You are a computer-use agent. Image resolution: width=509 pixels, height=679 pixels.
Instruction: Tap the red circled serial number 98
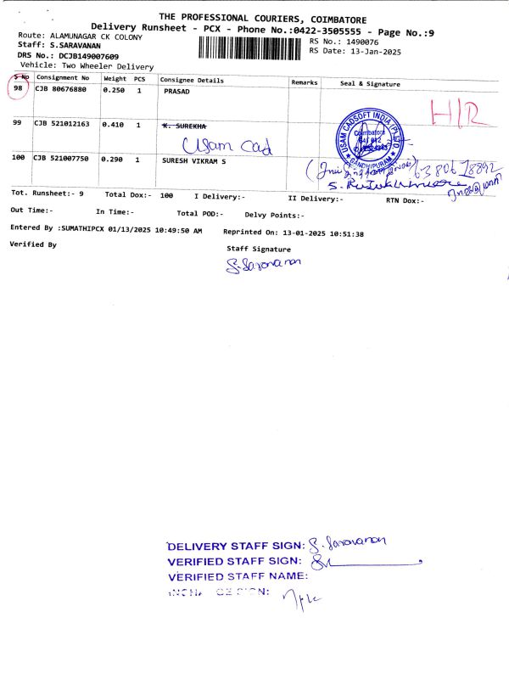(18, 89)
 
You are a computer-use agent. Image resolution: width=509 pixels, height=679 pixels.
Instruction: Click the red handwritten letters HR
(453, 115)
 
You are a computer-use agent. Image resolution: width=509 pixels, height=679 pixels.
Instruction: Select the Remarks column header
(304, 82)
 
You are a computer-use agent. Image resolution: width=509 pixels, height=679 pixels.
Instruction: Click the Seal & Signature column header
(370, 83)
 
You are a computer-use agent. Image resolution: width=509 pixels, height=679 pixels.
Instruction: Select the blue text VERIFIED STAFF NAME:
(233, 576)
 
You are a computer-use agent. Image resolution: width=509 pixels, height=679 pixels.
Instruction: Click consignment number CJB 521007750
(61, 159)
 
